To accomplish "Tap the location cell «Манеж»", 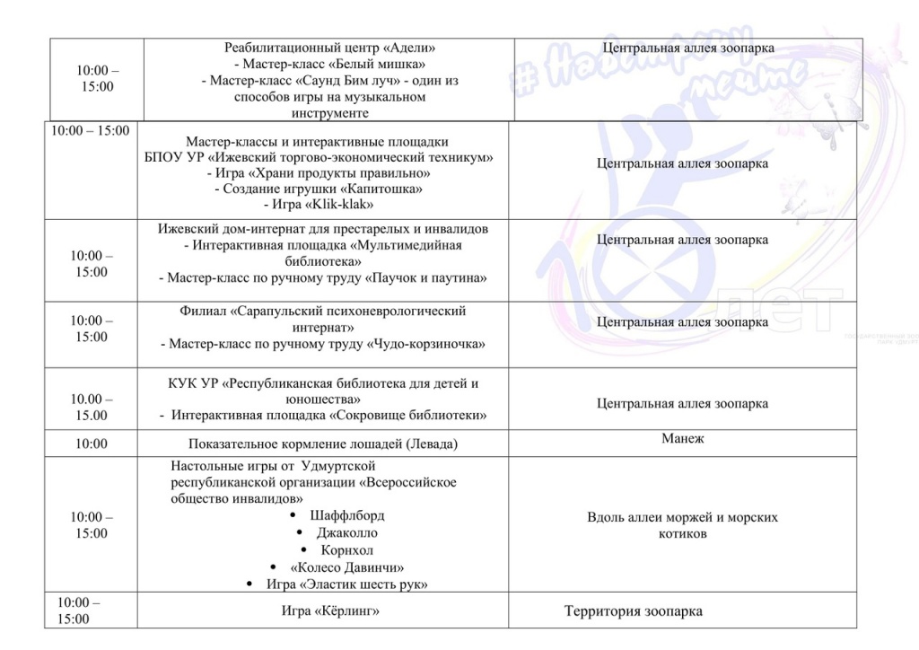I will click(x=683, y=439).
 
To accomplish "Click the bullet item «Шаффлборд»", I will click(x=346, y=515).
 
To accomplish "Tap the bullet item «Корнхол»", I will click(x=347, y=549).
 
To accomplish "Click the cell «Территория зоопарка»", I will click(x=633, y=612).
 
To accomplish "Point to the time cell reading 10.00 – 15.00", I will click(x=92, y=407).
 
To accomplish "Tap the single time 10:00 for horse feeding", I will click(x=92, y=444).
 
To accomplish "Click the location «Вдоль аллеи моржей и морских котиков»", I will click(x=682, y=525).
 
